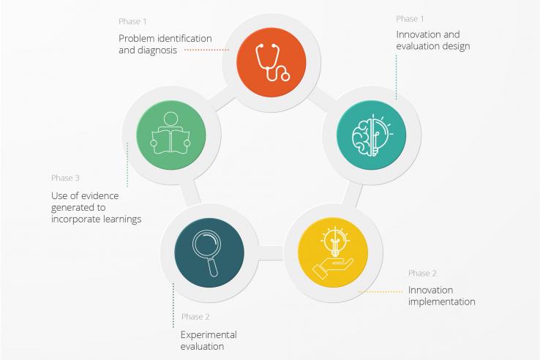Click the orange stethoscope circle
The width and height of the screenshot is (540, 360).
(271, 62)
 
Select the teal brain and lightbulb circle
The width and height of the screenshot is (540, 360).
(371, 135)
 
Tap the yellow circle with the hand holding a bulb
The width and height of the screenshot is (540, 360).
(333, 252)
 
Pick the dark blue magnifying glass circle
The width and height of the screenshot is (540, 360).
(209, 252)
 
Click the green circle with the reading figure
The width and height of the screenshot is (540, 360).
(171, 135)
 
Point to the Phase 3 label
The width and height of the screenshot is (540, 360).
(65, 178)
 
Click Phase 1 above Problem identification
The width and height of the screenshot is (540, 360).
(132, 21)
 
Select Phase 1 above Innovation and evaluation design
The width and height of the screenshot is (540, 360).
(410, 18)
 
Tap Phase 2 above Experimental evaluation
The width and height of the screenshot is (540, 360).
(195, 317)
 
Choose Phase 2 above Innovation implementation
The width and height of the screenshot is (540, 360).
(422, 273)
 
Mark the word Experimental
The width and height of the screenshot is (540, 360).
(209, 335)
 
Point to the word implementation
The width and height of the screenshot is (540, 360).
(442, 301)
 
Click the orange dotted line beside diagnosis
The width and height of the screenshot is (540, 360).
(206, 50)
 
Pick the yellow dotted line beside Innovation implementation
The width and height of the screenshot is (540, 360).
(380, 292)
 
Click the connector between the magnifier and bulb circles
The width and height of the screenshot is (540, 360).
(271, 253)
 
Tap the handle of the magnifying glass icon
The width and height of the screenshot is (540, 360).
(213, 267)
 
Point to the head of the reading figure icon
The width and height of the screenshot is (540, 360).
(170, 119)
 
